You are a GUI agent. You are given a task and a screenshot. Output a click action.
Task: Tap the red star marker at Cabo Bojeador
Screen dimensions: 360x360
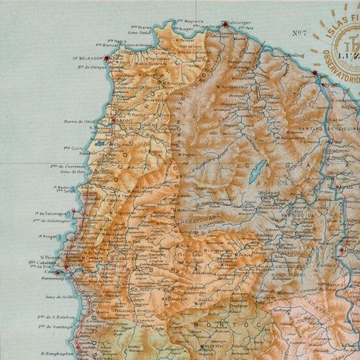pos(107,58)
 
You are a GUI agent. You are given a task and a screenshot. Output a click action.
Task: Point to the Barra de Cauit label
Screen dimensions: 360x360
pos(79,121)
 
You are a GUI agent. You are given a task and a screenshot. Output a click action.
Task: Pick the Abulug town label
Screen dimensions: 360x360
pos(294,55)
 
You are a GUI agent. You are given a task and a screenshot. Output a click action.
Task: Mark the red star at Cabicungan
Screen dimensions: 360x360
pos(225,25)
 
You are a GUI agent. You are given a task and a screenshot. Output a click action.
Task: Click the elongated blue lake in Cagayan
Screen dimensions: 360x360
pos(256,171)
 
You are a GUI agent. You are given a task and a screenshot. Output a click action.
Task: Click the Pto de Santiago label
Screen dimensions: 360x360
pos(56,327)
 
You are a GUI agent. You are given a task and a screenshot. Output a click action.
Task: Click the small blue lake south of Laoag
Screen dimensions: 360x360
pos(100,143)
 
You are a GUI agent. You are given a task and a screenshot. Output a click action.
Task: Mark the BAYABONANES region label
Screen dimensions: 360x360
pos(287,275)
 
